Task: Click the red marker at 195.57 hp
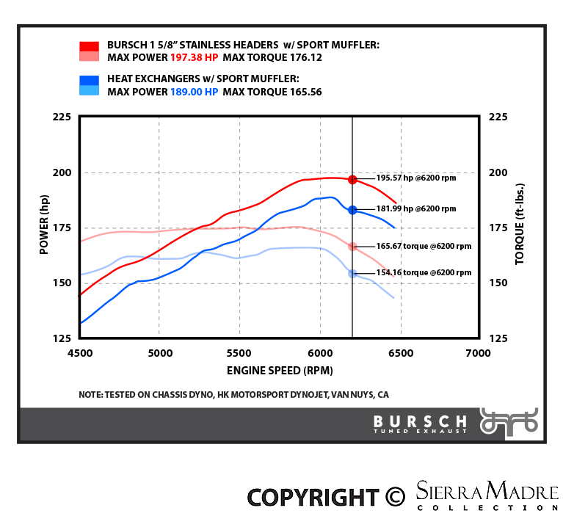tap(352, 179)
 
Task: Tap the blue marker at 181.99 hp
tap(352, 210)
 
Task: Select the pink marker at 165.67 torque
tap(352, 247)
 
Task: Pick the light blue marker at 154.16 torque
tap(352, 273)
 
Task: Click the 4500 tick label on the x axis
tap(80, 352)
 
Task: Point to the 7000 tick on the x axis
tap(479, 352)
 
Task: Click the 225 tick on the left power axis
tap(61, 117)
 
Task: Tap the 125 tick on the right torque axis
tap(498, 338)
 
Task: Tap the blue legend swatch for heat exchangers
tap(89, 86)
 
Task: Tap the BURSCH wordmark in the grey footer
tap(420, 421)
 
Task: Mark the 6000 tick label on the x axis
tap(319, 352)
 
